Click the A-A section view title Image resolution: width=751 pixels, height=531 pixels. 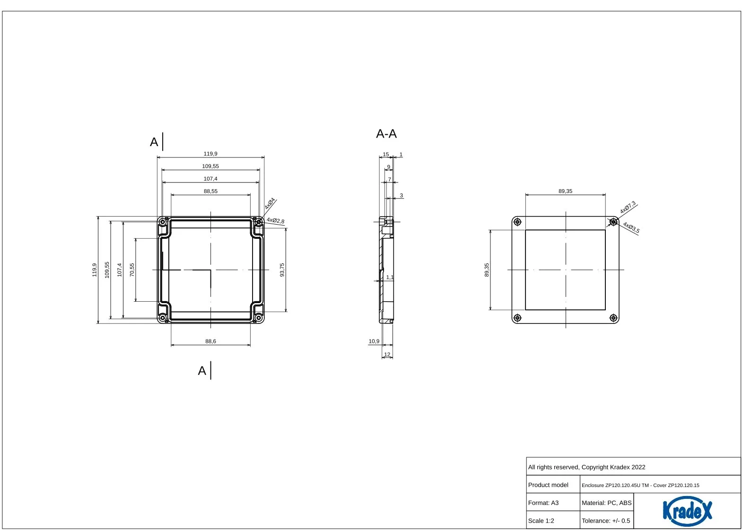pos(386,134)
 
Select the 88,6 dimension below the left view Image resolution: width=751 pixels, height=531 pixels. pos(210,341)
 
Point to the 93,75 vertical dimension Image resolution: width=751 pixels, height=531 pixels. pos(282,270)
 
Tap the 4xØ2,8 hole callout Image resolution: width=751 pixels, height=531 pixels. pos(275,220)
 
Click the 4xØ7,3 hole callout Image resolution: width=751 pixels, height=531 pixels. pos(628,208)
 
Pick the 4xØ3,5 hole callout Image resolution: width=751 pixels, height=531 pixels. pos(631,227)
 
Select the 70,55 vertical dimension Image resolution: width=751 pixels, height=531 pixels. pos(132,270)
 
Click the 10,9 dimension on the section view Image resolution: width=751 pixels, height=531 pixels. pos(374,341)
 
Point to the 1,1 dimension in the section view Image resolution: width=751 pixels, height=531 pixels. pos(390,277)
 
